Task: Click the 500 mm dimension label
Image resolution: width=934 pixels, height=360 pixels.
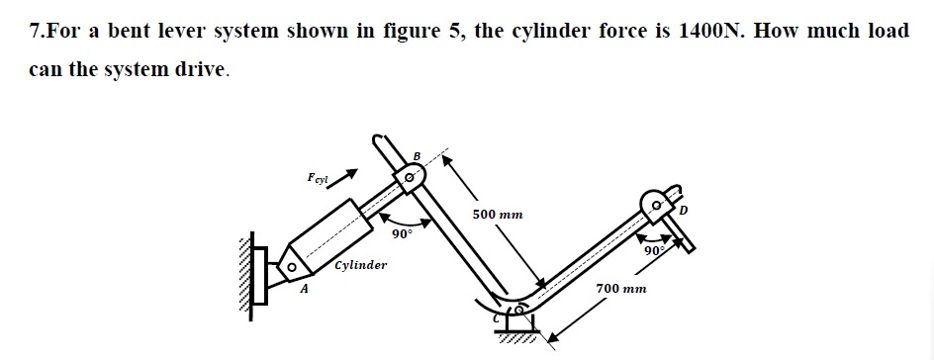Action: coord(498,214)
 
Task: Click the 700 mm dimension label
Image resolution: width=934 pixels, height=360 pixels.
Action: coord(621,288)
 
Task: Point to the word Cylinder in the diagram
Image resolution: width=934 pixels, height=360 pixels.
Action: coord(361,265)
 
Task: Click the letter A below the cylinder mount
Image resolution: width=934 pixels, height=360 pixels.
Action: coord(305,289)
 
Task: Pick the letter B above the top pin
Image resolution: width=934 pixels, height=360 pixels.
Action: coord(417,155)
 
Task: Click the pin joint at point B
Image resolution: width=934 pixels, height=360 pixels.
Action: coord(409,179)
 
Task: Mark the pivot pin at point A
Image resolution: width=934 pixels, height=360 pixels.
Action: coord(292,267)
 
